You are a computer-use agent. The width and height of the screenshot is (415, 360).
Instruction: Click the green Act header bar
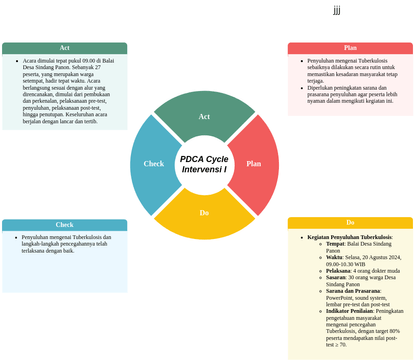[x=64, y=48]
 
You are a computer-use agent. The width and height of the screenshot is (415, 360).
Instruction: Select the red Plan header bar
[x=350, y=48]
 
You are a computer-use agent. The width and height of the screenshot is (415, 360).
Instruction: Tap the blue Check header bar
[x=64, y=225]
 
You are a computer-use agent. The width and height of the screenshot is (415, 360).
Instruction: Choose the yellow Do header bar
[x=350, y=222]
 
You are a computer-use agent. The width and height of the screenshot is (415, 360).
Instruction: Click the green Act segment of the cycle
[x=204, y=116]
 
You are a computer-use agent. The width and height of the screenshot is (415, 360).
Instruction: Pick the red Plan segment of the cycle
[x=256, y=163]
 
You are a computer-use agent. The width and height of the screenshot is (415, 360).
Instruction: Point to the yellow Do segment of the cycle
[x=204, y=214]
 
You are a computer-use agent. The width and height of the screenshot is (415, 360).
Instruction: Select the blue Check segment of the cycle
[x=153, y=163]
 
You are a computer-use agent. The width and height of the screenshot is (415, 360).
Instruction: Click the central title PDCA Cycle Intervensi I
[x=204, y=164]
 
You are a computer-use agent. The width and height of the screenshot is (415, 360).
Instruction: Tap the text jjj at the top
[x=337, y=10]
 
